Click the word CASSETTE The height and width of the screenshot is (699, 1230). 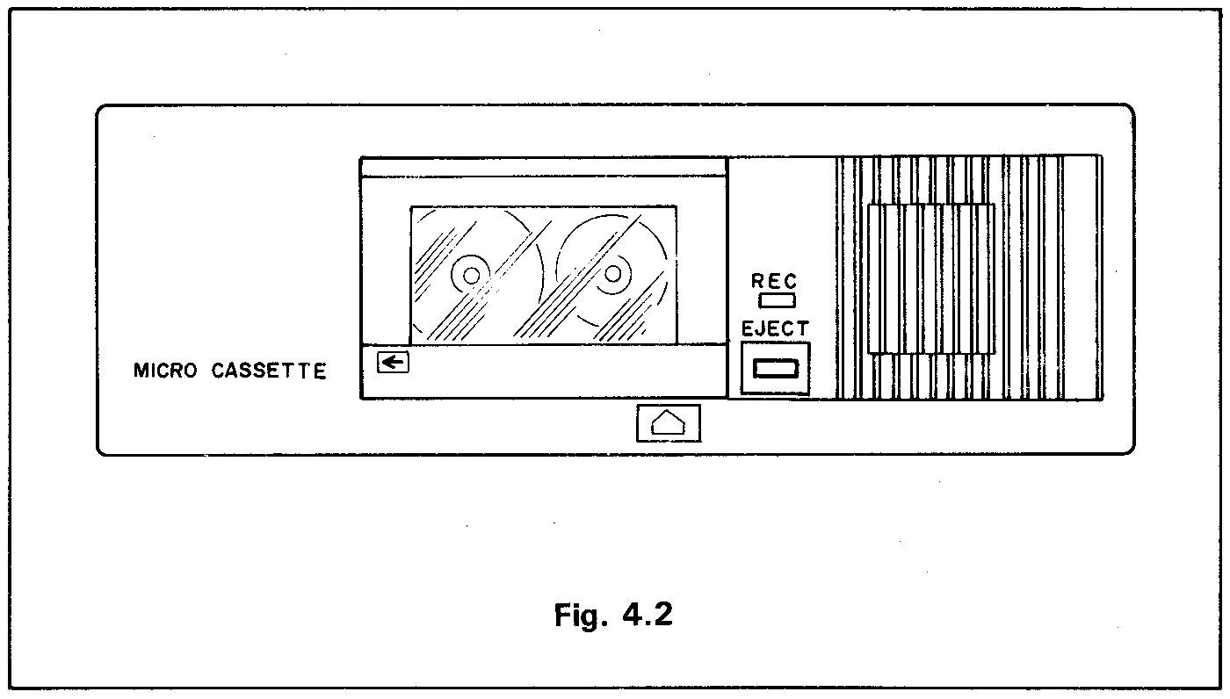269,371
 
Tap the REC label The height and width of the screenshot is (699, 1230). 774,282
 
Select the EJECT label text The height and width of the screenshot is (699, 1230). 775,329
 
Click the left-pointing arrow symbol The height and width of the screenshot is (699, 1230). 393,362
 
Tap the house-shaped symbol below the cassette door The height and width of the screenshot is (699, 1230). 669,423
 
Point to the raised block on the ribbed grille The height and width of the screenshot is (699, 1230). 931,278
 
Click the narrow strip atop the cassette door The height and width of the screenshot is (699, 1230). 543,167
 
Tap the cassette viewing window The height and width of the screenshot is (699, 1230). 543,274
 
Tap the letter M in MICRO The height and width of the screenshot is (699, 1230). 140,371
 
